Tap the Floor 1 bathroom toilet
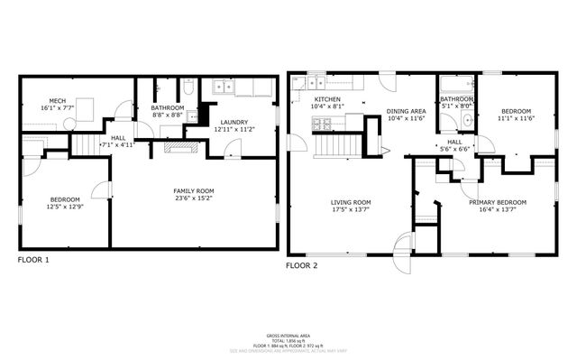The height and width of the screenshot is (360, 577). (x=188, y=88)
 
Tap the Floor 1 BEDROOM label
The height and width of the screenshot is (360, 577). (x=65, y=199)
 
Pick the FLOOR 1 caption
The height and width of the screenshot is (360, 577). (x=34, y=260)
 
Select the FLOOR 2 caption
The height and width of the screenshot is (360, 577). (x=302, y=266)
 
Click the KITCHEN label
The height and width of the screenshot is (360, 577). (x=325, y=99)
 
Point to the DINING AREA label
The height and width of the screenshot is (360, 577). (x=406, y=111)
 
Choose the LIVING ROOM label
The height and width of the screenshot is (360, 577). (x=351, y=202)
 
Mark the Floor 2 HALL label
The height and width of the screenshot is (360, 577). (x=454, y=143)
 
